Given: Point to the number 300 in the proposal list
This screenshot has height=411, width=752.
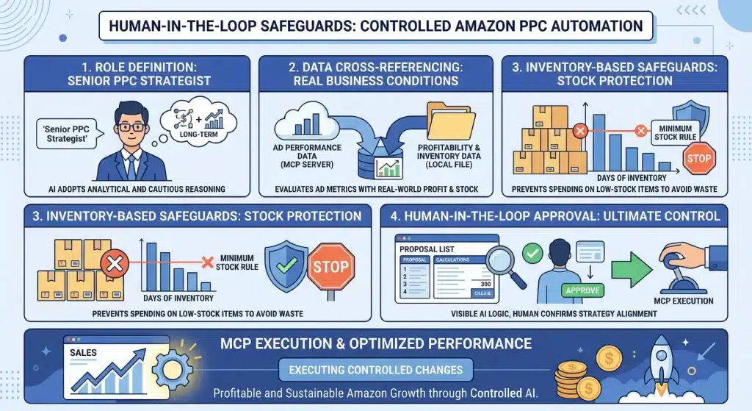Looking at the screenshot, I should click(483, 284).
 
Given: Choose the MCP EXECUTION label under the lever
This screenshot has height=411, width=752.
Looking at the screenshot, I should click(682, 301).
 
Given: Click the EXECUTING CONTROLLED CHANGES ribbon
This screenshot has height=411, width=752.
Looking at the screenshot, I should click(376, 370).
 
